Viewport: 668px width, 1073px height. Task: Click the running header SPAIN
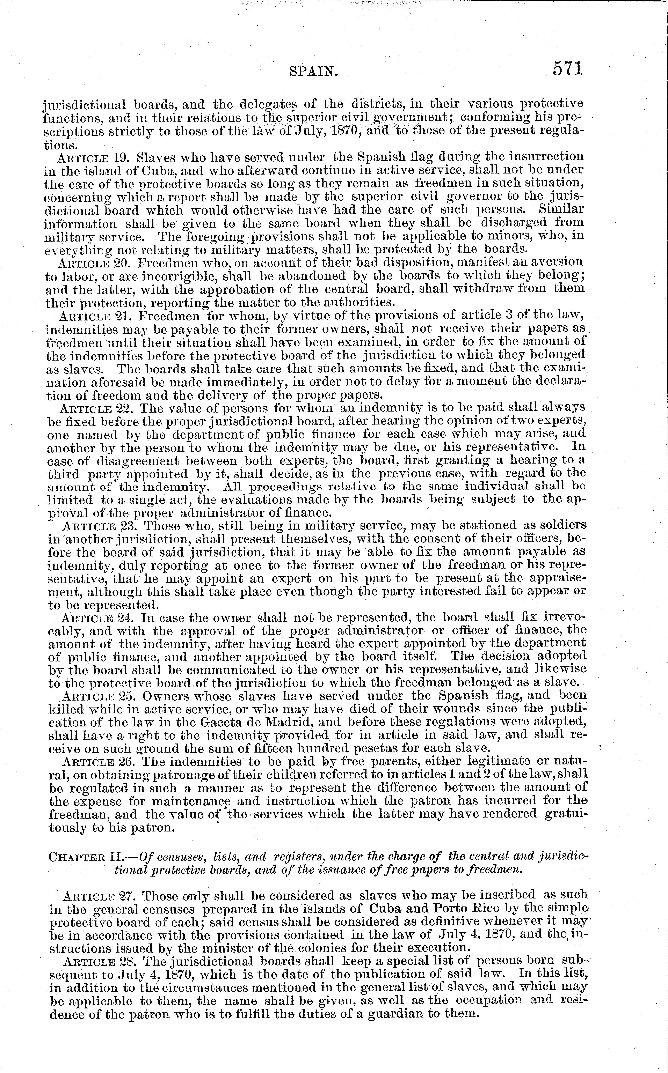pos(314,71)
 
